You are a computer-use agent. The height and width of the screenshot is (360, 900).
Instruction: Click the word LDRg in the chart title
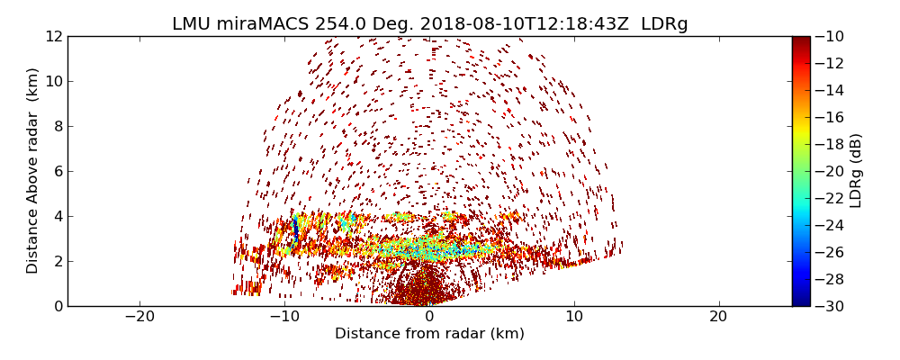[x=664, y=24]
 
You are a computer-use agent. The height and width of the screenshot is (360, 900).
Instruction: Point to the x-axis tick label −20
[x=139, y=317]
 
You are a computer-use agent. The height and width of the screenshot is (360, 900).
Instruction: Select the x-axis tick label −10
[x=284, y=317]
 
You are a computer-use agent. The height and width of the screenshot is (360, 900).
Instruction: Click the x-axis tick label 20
[x=718, y=317]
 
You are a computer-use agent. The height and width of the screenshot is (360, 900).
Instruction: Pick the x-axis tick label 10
[x=574, y=317]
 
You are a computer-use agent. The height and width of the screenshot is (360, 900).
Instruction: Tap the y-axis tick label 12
[x=54, y=36]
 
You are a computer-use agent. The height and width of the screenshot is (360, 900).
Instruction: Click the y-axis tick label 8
[x=58, y=126]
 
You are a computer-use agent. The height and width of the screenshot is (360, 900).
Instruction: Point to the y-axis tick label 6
[x=58, y=171]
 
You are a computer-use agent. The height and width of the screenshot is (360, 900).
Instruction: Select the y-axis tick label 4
[x=58, y=216]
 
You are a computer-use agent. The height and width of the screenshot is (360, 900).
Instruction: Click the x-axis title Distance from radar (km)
[x=429, y=334]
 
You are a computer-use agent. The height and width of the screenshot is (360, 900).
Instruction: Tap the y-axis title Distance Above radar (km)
[x=33, y=170]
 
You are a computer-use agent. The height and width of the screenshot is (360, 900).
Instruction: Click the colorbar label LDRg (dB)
[x=856, y=170]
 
